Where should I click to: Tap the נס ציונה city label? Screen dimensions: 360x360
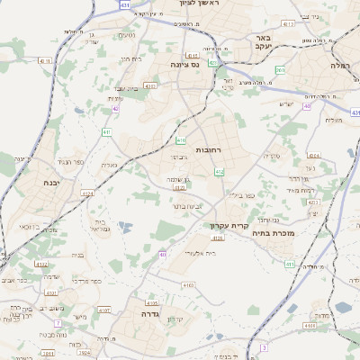pyautogui.click(x=183, y=65)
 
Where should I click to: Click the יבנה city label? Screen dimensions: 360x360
pyautogui.click(x=28, y=182)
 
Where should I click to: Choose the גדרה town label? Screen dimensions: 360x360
pyautogui.click(x=143, y=315)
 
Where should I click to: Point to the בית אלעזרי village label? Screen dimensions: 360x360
pyautogui.click(x=199, y=254)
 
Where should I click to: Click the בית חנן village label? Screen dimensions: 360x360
pyautogui.click(x=130, y=58)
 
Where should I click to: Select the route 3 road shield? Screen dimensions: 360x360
pyautogui.click(x=264, y=346)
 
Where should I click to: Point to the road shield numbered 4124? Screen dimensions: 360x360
pyautogui.click(x=87, y=193)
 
